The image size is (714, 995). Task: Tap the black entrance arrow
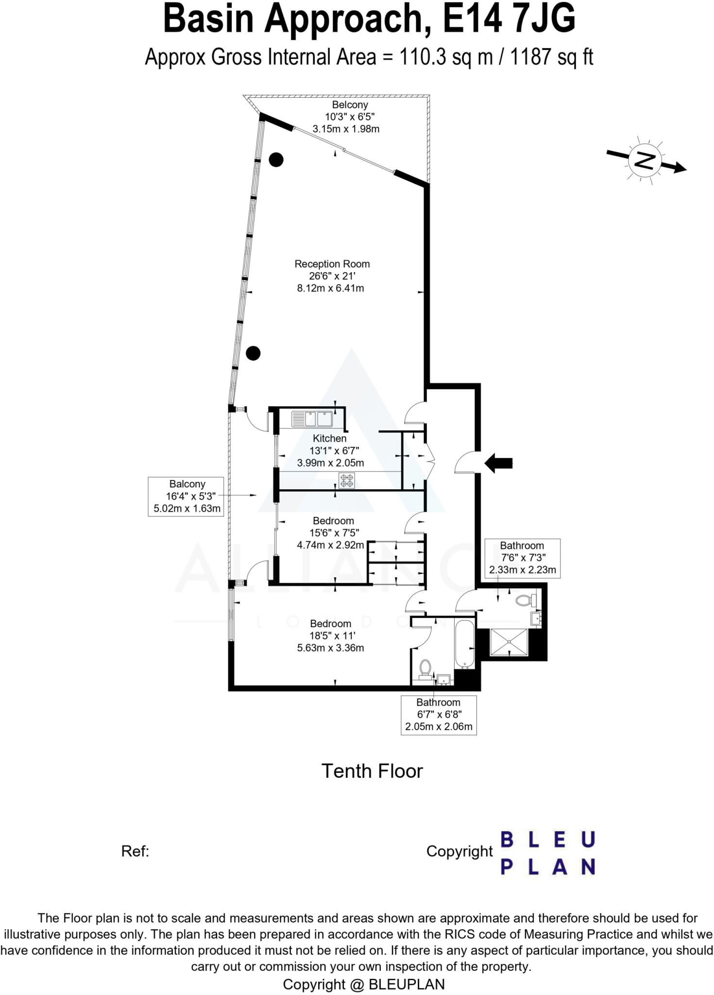click(498, 463)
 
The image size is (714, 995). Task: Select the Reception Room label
click(332, 264)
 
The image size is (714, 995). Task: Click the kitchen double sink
click(311, 419)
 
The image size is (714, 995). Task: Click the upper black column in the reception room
click(276, 159)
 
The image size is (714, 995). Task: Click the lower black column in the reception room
click(253, 353)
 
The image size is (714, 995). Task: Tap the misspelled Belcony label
click(350, 105)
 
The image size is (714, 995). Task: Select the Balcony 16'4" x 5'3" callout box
click(186, 496)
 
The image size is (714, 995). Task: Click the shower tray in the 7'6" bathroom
click(509, 642)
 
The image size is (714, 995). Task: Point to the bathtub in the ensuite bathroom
click(465, 643)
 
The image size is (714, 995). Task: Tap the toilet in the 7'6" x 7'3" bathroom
click(524, 600)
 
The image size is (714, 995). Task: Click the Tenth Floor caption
click(372, 771)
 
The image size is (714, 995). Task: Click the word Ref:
click(135, 851)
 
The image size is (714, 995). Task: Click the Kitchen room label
click(329, 438)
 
